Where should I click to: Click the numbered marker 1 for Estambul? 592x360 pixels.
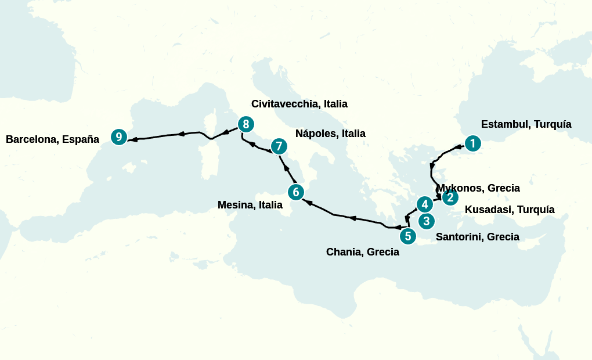(x=473, y=143)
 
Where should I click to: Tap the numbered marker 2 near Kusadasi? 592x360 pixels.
(x=450, y=198)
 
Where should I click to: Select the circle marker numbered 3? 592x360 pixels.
(x=427, y=221)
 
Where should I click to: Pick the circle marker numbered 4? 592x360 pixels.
(x=425, y=204)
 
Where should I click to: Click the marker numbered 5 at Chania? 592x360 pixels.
(x=408, y=236)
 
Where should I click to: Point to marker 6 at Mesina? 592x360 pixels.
(x=295, y=192)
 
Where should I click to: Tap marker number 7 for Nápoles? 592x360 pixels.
(x=279, y=146)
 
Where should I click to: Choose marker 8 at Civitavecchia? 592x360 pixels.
(x=246, y=124)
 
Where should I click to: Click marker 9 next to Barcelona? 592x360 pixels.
(x=119, y=137)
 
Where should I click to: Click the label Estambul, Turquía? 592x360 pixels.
(x=526, y=124)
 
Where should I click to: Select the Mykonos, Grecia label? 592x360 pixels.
(x=478, y=188)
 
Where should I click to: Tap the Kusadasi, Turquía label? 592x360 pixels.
(x=510, y=210)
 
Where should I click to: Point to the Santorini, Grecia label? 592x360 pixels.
(x=477, y=237)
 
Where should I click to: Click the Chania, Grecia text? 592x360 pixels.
(x=362, y=252)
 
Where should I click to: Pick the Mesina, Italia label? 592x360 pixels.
(x=250, y=205)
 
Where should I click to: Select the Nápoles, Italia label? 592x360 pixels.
(x=330, y=134)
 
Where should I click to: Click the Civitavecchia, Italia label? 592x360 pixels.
(x=299, y=104)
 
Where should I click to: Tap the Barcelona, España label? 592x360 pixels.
(x=52, y=139)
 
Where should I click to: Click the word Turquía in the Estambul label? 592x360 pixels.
(x=553, y=124)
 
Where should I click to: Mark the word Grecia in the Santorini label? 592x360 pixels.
(x=503, y=237)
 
